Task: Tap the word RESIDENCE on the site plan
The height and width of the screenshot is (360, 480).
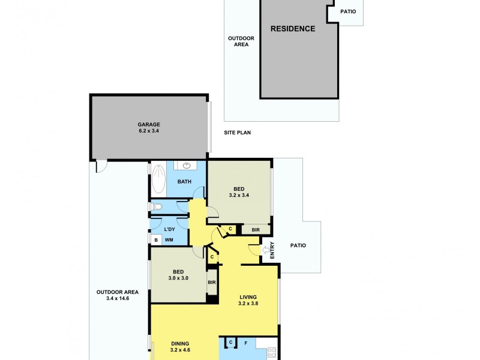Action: tap(292, 29)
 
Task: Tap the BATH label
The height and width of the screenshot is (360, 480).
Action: tap(184, 182)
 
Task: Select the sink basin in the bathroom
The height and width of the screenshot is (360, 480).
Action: tap(187, 166)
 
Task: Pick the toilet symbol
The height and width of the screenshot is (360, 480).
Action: tap(157, 207)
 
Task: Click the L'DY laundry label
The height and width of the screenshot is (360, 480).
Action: tap(169, 229)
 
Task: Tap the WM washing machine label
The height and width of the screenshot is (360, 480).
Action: tap(169, 241)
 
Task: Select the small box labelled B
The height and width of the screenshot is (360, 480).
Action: tap(156, 241)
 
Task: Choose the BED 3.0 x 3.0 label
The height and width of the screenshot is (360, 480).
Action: tap(178, 275)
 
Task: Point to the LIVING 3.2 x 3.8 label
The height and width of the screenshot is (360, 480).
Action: tap(248, 300)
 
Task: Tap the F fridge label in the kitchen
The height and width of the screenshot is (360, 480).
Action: tap(245, 343)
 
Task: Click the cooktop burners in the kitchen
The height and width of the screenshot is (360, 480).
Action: tap(272, 353)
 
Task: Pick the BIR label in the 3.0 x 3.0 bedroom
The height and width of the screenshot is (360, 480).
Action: tap(212, 283)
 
